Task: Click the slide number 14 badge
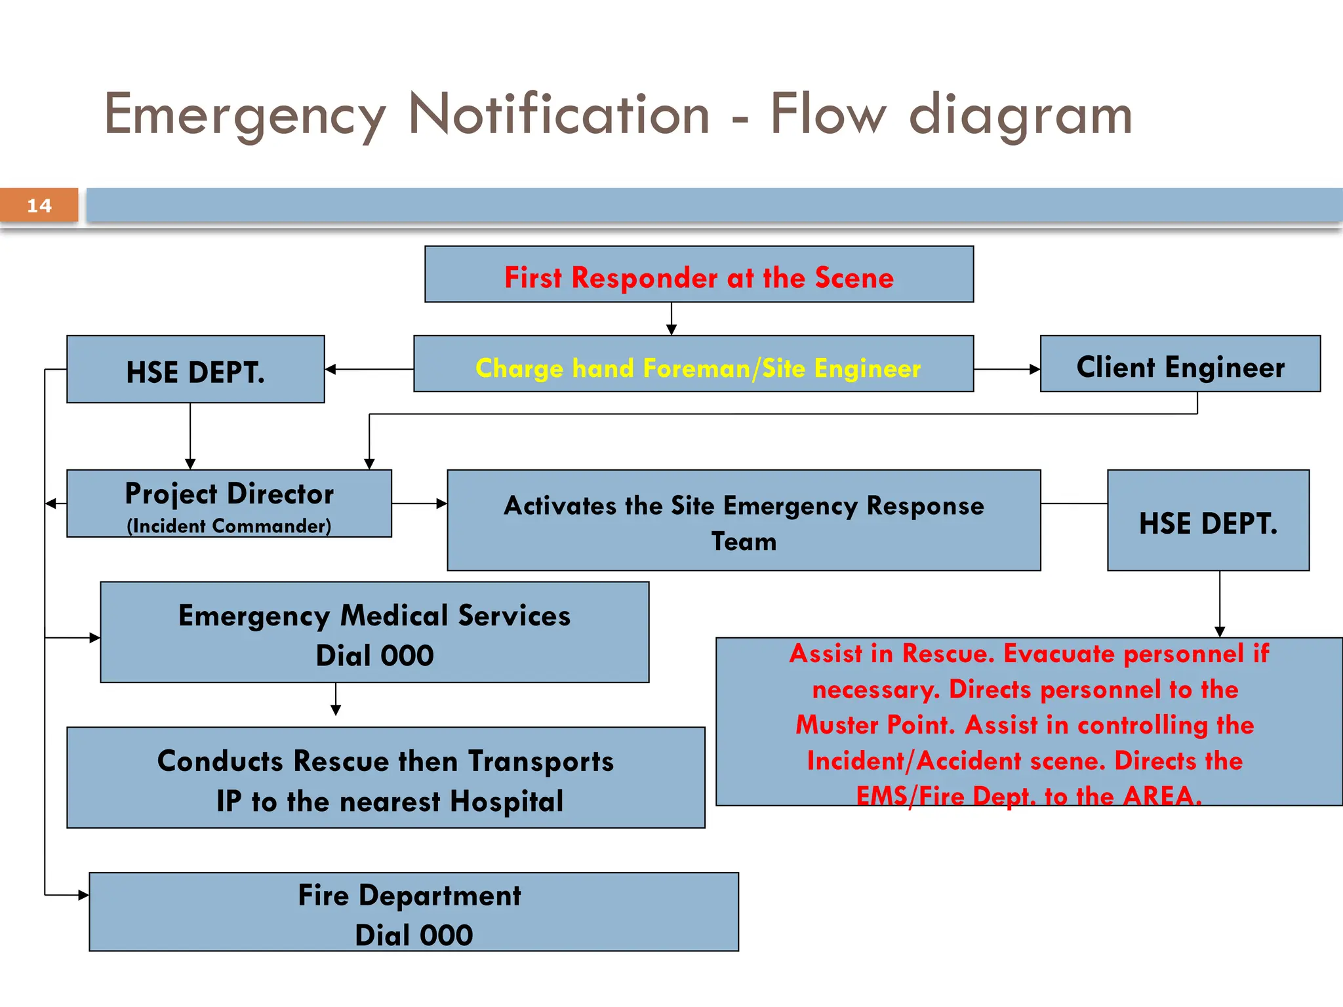point(39,205)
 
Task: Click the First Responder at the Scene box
point(699,274)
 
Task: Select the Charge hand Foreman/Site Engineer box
point(694,364)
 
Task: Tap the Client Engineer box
point(1180,364)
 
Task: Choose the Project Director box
point(230,503)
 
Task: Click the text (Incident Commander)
point(229,526)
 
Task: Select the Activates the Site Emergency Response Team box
point(744,520)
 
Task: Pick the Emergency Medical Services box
point(374,632)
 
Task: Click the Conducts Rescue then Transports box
point(386,778)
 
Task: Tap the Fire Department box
point(414,912)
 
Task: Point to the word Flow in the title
point(828,115)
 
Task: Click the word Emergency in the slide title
point(245,117)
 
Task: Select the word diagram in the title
point(1021,117)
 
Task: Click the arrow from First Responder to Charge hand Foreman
point(671,319)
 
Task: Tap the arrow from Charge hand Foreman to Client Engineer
point(1007,369)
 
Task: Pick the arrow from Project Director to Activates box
point(420,503)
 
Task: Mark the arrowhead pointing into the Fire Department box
point(84,895)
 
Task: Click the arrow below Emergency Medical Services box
point(336,699)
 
